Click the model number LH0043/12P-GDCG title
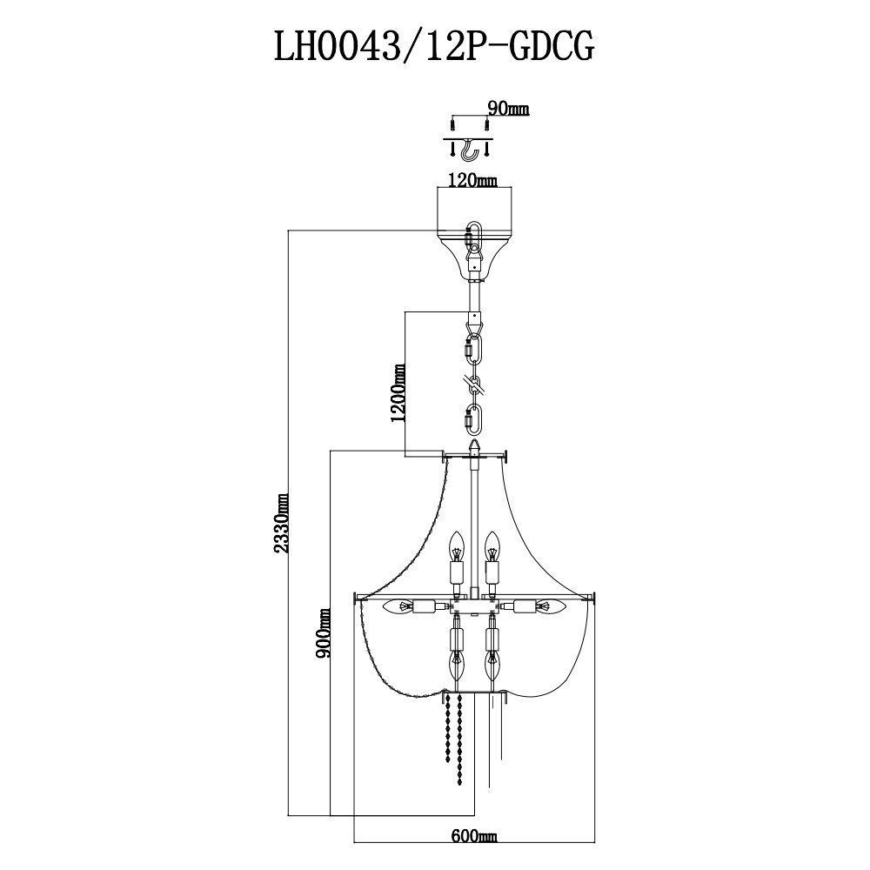434,47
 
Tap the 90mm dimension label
508,109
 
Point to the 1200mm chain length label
398,392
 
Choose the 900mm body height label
323,633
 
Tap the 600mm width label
473,835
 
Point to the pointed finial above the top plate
474,447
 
